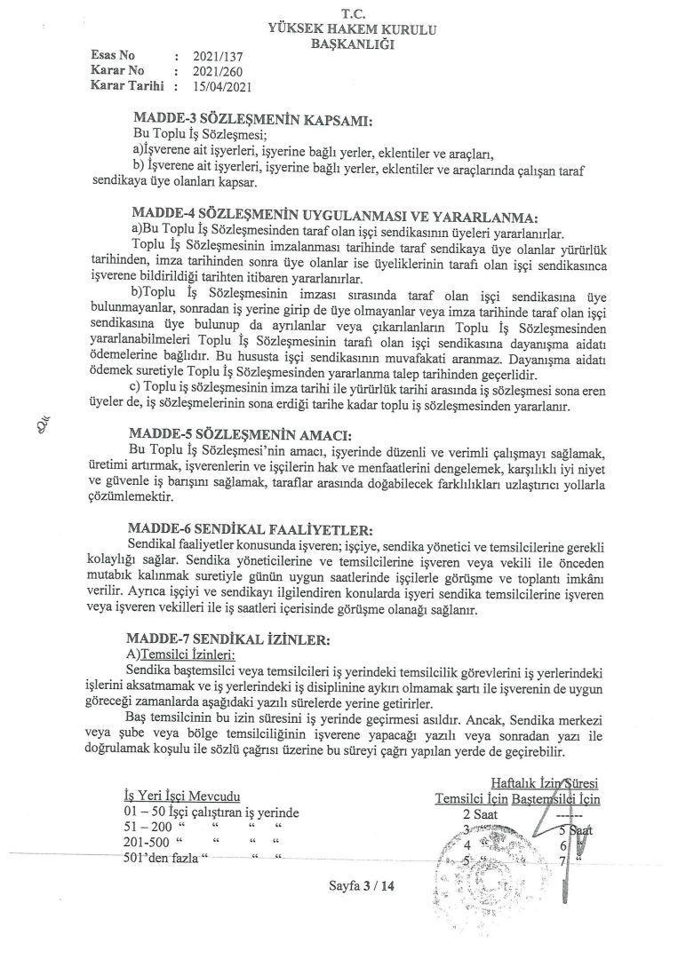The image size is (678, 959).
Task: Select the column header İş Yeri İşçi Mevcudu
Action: [182, 797]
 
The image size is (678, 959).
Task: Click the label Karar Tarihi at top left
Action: [123, 86]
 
